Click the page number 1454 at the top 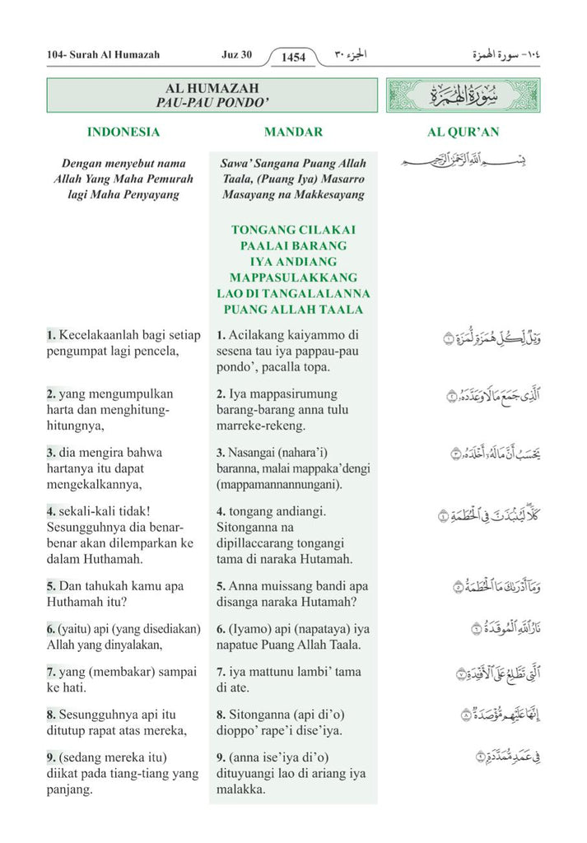coord(293,57)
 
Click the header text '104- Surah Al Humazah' coord(103,55)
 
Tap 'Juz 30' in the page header coord(236,55)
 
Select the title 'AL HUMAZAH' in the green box coord(212,88)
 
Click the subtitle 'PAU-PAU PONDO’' coord(212,102)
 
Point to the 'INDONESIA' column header coord(123,132)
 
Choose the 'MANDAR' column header coord(293,132)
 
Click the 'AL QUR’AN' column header coord(463,132)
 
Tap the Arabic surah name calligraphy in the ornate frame coord(463,95)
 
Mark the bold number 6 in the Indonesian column coord(50,629)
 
